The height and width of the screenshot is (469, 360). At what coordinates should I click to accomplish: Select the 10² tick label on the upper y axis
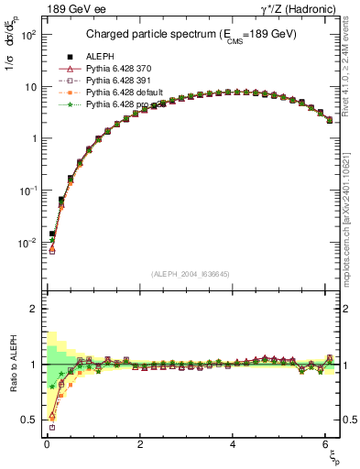click(x=27, y=34)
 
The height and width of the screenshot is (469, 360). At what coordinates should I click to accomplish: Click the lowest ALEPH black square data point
click(x=52, y=234)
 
